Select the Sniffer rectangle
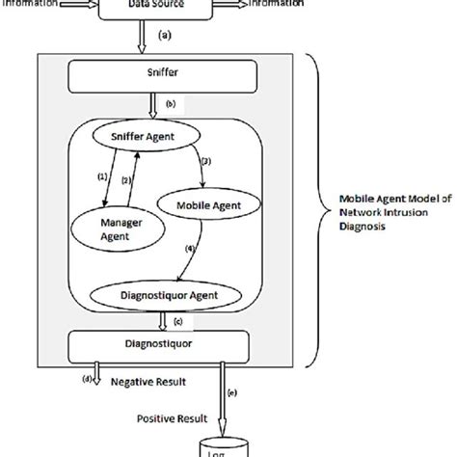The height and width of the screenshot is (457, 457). click(x=170, y=74)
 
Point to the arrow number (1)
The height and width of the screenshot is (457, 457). click(x=105, y=176)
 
